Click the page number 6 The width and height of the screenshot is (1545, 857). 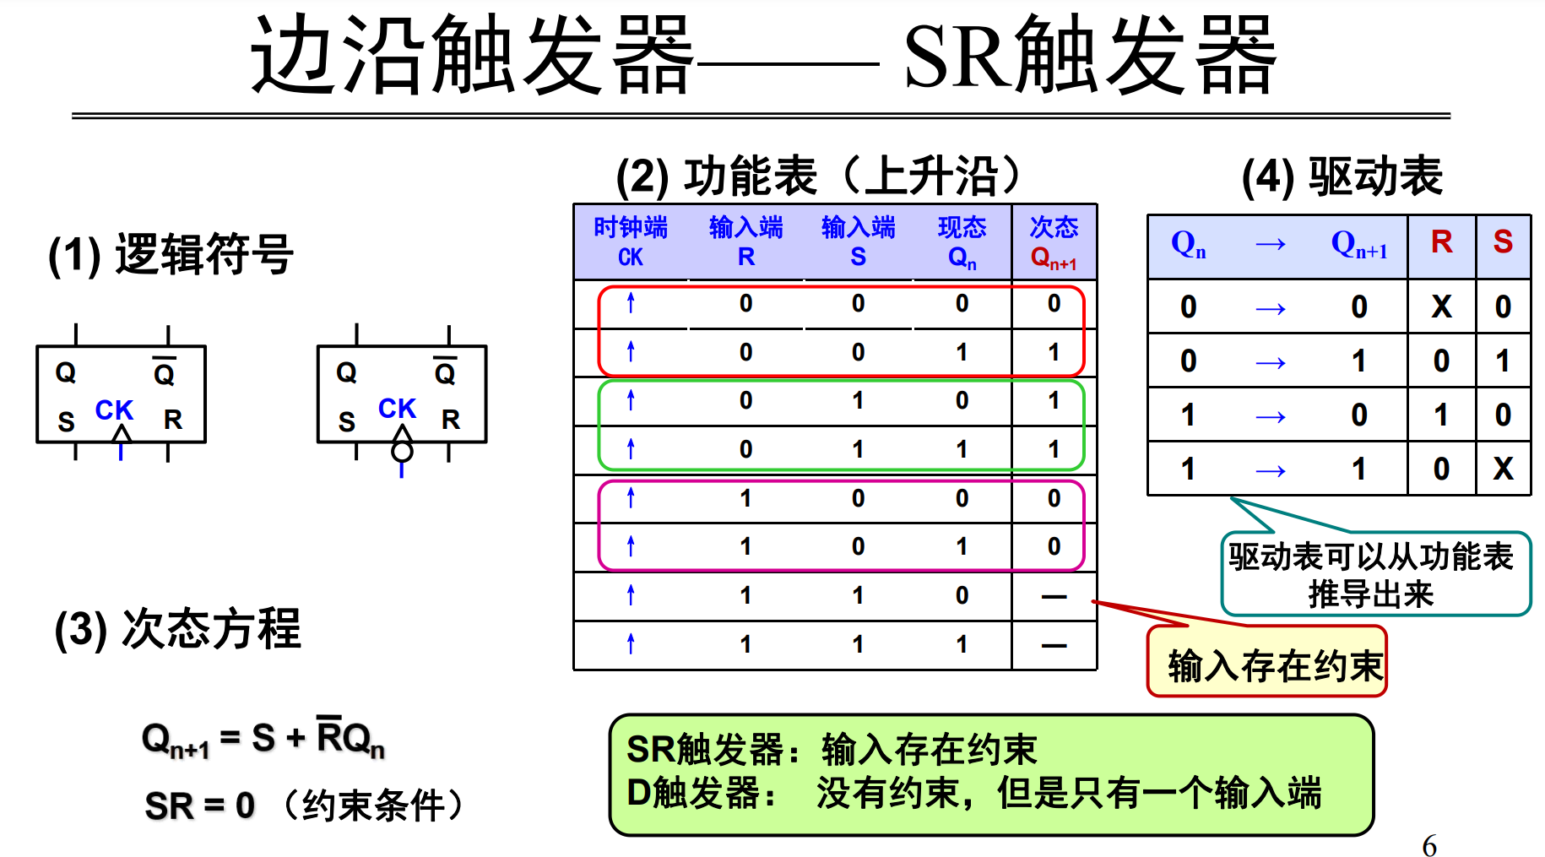tap(1428, 845)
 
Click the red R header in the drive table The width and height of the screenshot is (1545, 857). tap(1441, 242)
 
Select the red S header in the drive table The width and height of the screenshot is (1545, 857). tap(1503, 242)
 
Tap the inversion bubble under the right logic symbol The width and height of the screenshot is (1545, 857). tap(402, 451)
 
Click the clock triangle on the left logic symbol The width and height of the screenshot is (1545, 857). tap(122, 434)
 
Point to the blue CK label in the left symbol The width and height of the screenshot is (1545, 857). tap(114, 410)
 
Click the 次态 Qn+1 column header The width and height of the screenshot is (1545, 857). tap(1054, 241)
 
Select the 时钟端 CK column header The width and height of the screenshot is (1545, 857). tap(631, 241)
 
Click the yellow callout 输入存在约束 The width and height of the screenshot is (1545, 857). tap(1266, 664)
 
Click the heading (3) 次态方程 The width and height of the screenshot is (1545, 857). tap(177, 629)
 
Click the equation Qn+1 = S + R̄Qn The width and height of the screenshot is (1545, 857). tap(263, 739)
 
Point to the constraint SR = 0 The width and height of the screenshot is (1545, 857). tap(200, 805)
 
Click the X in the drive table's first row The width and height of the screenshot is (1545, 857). tap(1441, 306)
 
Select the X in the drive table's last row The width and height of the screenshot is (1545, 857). tap(1503, 469)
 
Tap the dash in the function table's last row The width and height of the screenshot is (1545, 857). tap(1054, 646)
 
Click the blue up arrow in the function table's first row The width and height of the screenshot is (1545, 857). tap(631, 303)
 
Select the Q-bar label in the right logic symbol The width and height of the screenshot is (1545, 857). tap(445, 372)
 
